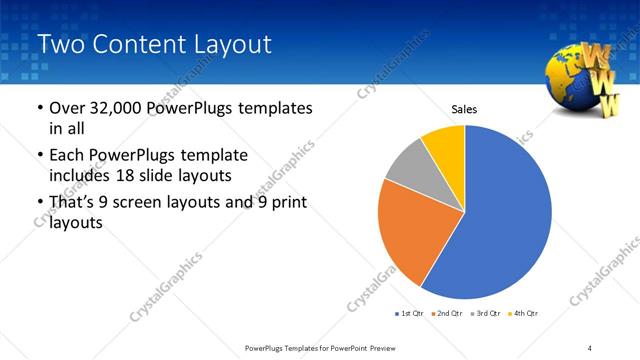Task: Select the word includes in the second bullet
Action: [83, 175]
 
